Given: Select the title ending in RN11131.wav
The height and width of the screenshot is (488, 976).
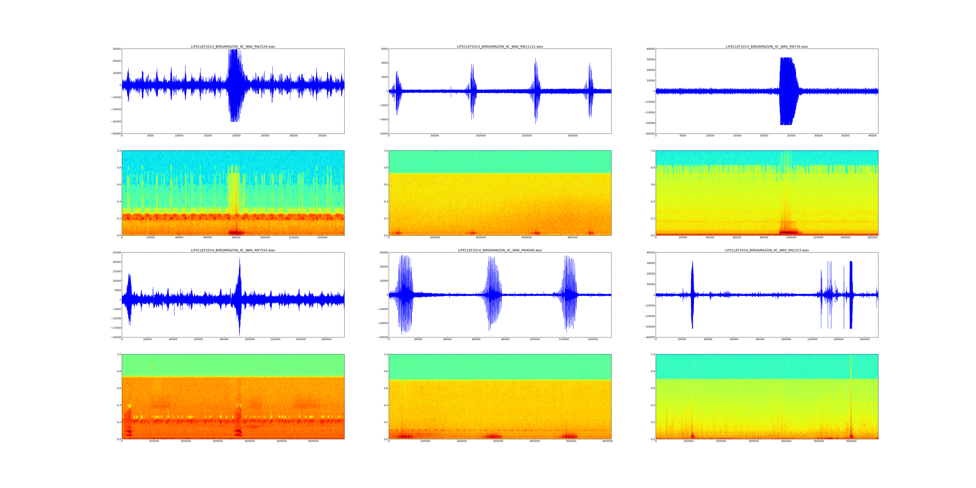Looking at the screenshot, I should click(x=500, y=47).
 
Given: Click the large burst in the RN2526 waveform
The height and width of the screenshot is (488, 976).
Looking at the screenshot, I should click(x=236, y=85).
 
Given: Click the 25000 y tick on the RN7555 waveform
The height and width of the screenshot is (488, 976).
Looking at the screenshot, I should click(x=115, y=252).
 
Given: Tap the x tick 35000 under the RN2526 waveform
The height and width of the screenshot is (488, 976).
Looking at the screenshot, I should click(x=322, y=136).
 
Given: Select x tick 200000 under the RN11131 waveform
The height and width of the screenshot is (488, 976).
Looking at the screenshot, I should click(x=572, y=136).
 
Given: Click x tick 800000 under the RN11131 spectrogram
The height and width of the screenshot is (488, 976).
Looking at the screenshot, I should click(x=572, y=237).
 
